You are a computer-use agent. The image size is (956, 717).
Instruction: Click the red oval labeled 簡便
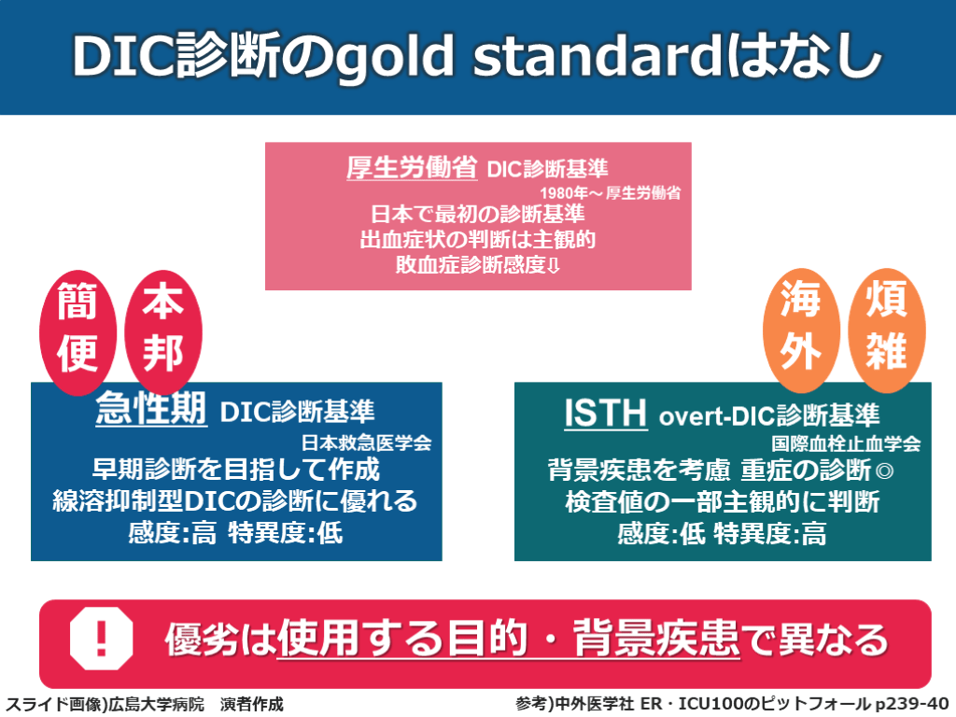[x=77, y=333]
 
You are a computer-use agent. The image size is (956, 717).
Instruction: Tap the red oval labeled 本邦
[x=162, y=332]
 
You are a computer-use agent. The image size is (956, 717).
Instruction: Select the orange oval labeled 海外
[x=801, y=330]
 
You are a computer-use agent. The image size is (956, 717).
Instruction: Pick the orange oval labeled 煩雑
[x=887, y=330]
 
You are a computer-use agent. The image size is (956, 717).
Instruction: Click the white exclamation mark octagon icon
[x=101, y=638]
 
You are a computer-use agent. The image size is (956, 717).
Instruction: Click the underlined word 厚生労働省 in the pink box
[x=412, y=167]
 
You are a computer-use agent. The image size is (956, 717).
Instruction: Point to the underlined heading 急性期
[x=151, y=407]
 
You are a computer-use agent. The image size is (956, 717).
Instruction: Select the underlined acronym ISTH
[x=605, y=413]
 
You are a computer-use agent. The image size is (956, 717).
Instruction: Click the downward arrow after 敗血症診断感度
[x=554, y=266]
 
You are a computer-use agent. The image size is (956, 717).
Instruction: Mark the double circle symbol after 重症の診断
[x=884, y=471]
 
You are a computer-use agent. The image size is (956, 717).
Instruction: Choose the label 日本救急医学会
[x=366, y=442]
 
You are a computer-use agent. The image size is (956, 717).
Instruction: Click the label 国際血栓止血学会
[x=846, y=443]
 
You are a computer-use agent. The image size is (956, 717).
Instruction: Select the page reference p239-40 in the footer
[x=912, y=704]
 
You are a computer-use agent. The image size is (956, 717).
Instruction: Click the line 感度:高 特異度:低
[x=235, y=533]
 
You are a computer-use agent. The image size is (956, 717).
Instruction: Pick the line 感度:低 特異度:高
[x=722, y=534]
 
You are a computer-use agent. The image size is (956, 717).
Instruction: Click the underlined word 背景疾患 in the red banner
[x=656, y=639]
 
